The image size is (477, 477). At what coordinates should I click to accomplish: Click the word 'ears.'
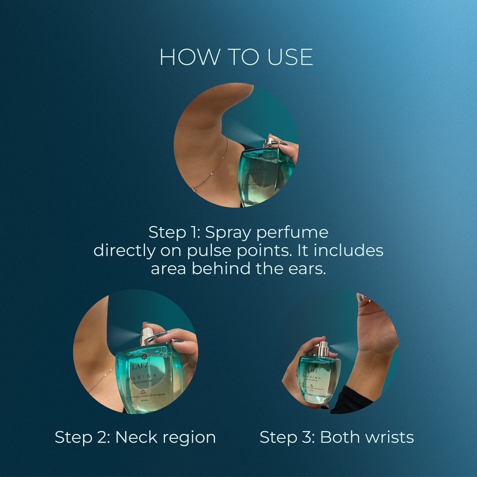click(x=308, y=269)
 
